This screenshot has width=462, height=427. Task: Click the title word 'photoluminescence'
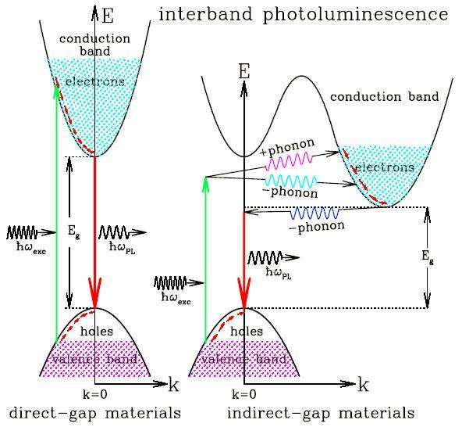356,15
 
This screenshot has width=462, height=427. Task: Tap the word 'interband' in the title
205,13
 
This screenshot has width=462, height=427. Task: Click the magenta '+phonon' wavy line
289,161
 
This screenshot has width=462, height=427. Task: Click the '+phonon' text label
287,147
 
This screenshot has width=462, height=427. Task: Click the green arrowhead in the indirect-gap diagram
206,184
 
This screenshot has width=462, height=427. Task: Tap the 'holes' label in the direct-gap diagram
97,331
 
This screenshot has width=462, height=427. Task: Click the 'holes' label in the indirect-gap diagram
247,331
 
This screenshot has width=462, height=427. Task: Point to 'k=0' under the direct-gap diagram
95,394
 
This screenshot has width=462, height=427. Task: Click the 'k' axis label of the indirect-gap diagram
364,385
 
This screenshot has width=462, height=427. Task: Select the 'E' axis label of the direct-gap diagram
108,16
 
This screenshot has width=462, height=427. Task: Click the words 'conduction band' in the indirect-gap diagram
384,96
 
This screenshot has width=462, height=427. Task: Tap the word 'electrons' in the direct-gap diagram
95,81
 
